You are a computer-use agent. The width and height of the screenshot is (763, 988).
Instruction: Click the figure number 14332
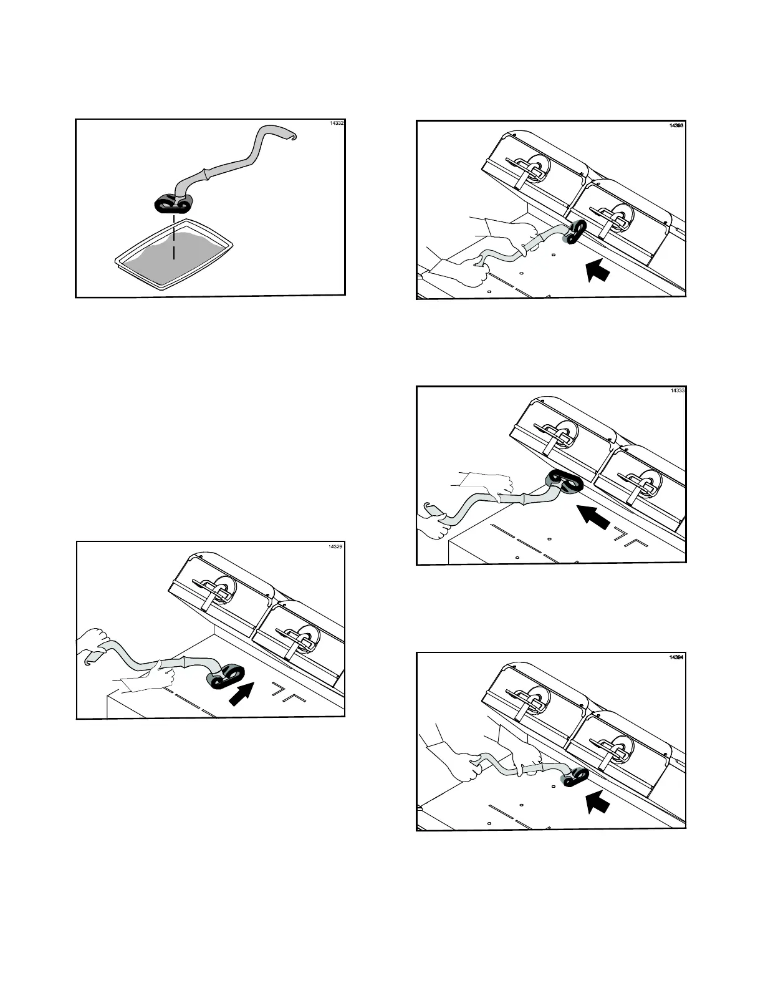tap(336, 123)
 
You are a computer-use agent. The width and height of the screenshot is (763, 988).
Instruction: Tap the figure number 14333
tap(677, 390)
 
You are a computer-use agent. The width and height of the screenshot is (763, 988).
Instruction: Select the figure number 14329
tap(335, 546)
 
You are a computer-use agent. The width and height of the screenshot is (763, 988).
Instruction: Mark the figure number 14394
tap(676, 657)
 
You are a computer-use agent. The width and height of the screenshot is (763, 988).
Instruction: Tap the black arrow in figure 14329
tap(242, 693)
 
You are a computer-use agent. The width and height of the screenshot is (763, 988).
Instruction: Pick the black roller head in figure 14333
tap(564, 482)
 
